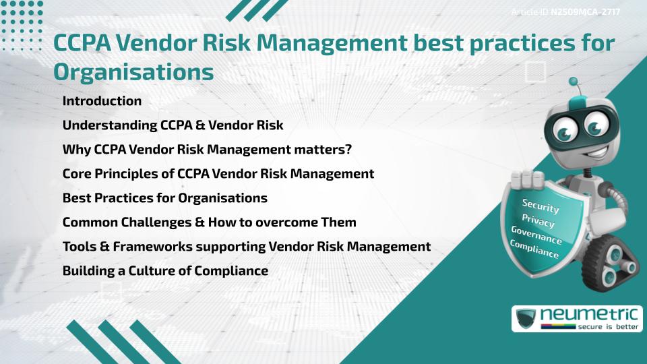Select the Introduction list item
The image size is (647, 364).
(102, 101)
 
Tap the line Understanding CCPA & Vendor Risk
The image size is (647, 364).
(173, 125)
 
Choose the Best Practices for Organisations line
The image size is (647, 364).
(164, 198)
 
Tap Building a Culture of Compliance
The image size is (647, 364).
(165, 271)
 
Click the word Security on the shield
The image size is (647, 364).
(541, 206)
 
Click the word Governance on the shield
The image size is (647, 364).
(536, 235)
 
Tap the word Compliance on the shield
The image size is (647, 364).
(534, 249)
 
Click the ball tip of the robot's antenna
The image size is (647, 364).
(574, 82)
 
